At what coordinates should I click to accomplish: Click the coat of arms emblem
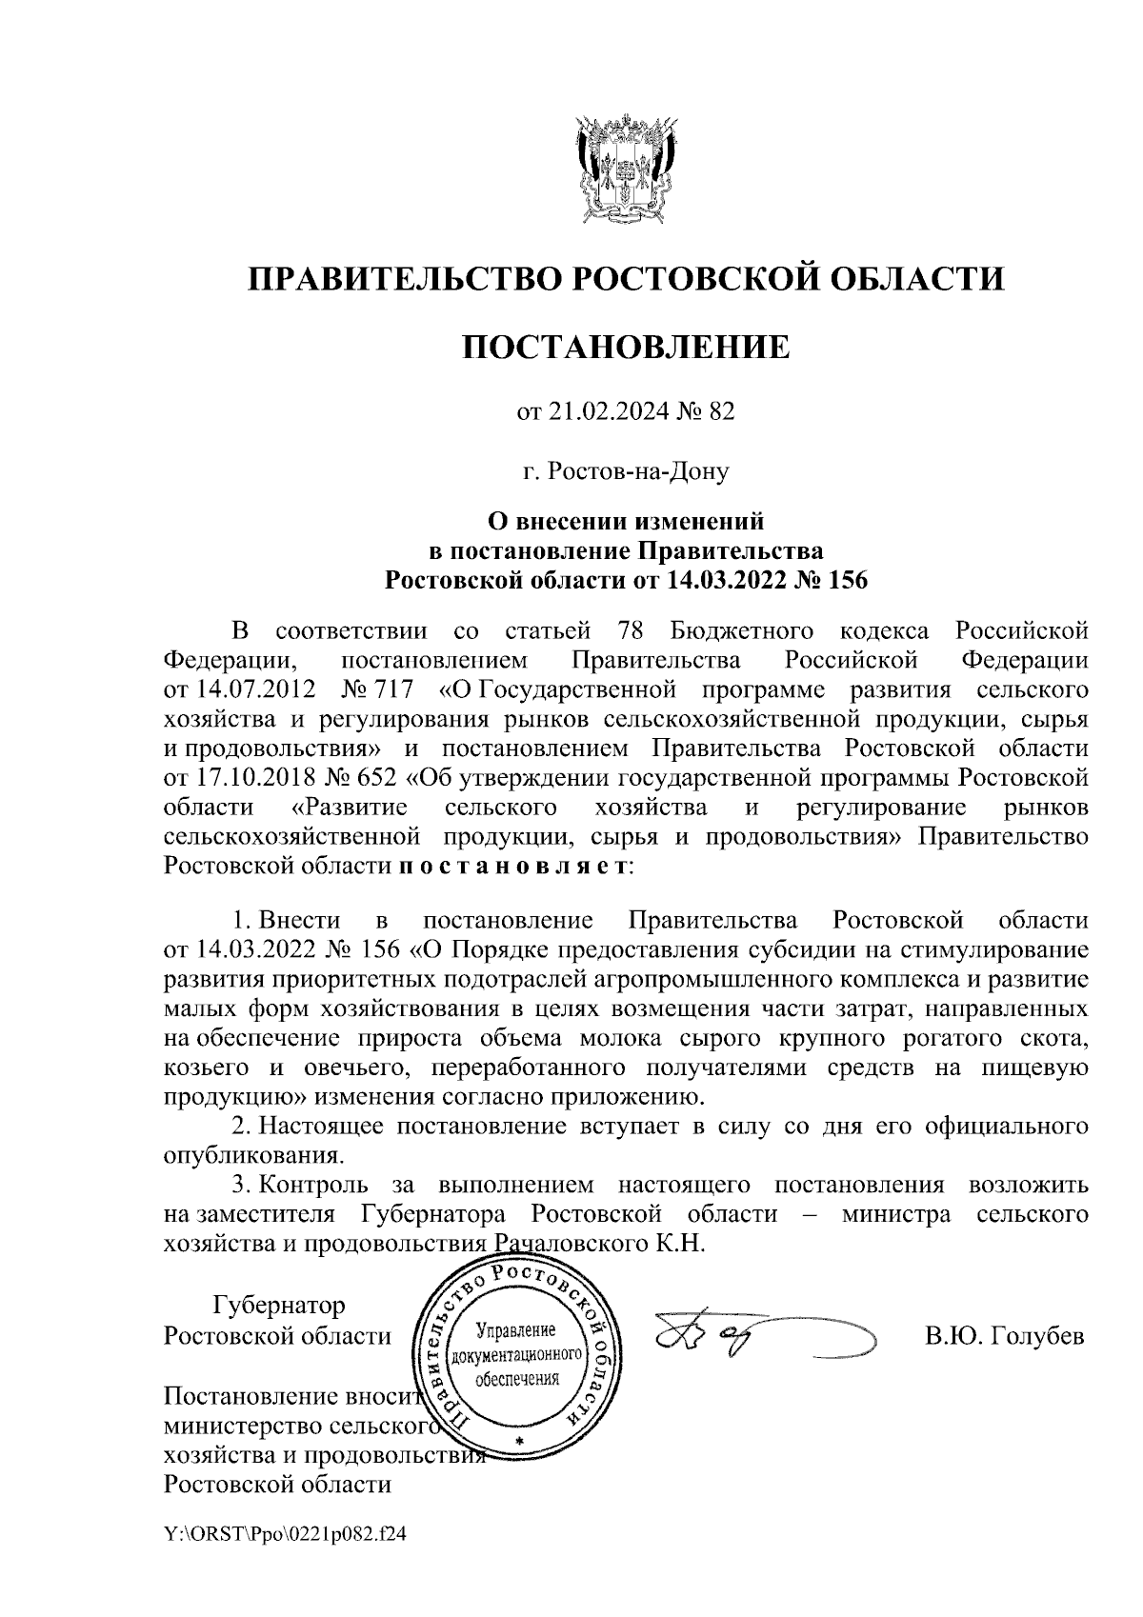(625, 168)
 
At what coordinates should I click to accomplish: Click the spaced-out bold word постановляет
(511, 867)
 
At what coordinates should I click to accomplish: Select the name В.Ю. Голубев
(1005, 1336)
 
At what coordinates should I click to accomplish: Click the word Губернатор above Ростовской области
(279, 1304)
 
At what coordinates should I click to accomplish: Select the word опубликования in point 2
(252, 1156)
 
